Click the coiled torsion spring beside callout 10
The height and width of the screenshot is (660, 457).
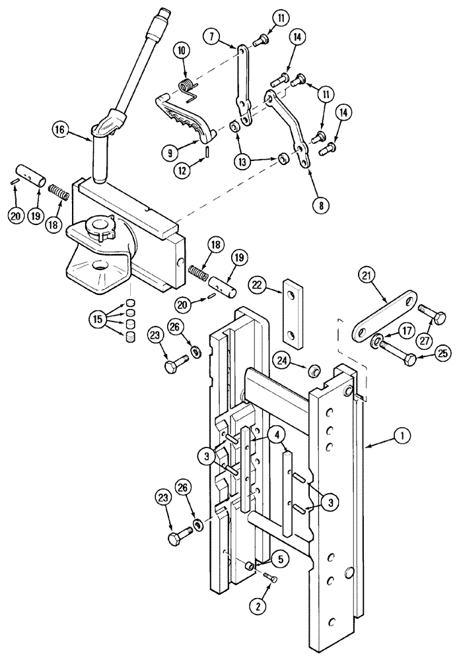(187, 86)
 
